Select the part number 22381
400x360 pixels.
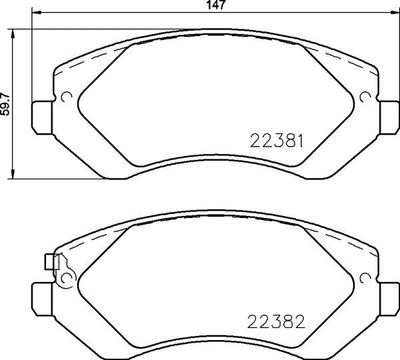pos(277,141)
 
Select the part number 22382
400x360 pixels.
pos(277,322)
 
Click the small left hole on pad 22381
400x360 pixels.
pos(66,98)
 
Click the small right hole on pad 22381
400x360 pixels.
pos(365,98)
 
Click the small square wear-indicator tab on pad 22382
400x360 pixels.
pos(49,262)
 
